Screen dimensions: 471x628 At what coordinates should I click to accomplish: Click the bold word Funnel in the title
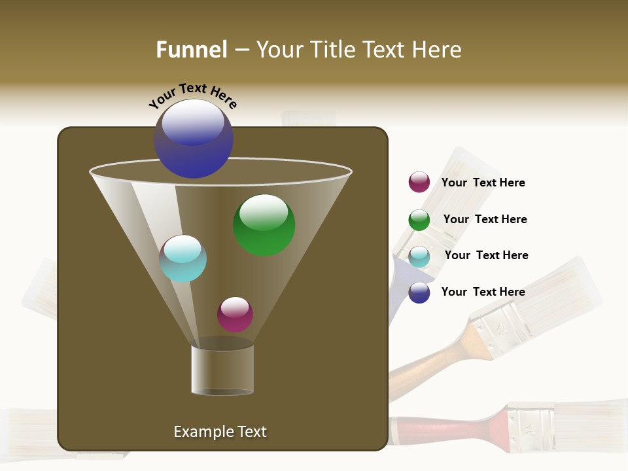[192, 50]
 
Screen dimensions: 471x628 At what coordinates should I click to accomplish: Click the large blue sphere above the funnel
[194, 139]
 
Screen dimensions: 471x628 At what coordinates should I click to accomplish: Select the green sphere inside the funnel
[264, 225]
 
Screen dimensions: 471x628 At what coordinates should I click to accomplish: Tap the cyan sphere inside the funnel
[183, 258]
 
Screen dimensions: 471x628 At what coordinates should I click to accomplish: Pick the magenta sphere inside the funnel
[235, 315]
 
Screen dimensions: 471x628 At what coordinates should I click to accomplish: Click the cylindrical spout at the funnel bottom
[222, 370]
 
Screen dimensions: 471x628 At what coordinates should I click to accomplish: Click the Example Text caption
[220, 432]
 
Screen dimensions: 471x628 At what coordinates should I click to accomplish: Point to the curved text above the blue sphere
[192, 96]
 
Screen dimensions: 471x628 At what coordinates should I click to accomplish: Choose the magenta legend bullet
[419, 183]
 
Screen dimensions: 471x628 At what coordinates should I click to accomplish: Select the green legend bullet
[419, 220]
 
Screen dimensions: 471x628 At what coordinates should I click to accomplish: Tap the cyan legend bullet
[419, 256]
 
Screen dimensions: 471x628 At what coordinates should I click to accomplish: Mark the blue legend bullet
[419, 292]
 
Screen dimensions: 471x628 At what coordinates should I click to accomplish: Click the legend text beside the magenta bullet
[483, 183]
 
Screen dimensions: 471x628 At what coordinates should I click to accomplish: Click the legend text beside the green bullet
[485, 219]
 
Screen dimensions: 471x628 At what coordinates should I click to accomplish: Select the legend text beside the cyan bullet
[486, 255]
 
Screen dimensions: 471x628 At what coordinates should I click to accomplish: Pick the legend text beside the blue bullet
[483, 292]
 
